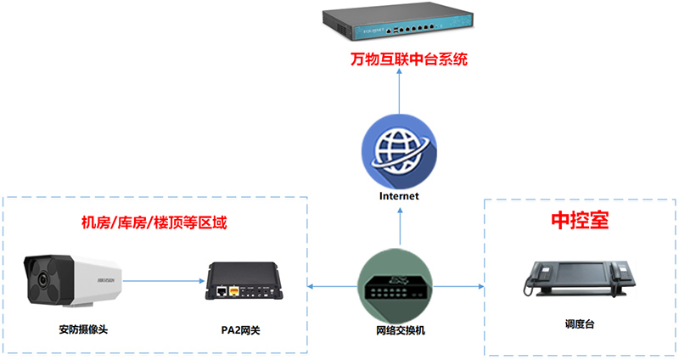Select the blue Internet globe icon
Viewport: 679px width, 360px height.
tap(399, 152)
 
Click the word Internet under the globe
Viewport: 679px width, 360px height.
tap(399, 197)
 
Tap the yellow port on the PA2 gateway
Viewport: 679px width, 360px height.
tap(234, 291)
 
